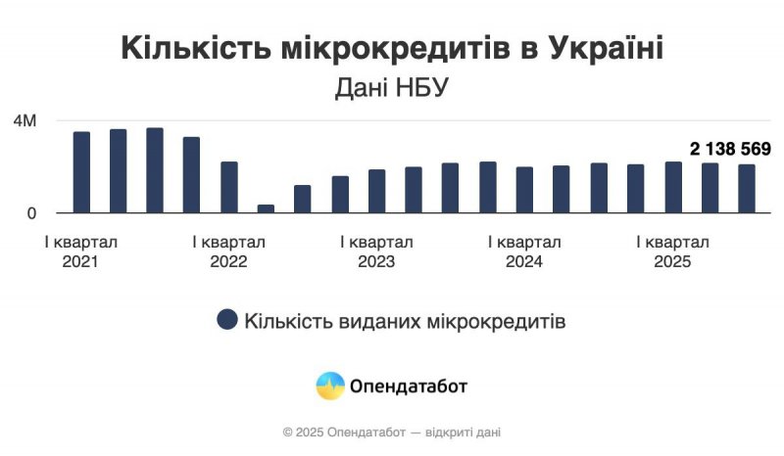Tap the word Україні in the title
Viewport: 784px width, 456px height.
pyautogui.click(x=605, y=48)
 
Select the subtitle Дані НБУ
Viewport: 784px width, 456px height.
pyautogui.click(x=392, y=88)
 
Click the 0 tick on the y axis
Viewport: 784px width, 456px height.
pyautogui.click(x=33, y=212)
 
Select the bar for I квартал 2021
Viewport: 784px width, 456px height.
pyautogui.click(x=81, y=172)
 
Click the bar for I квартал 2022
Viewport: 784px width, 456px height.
pyautogui.click(x=228, y=187)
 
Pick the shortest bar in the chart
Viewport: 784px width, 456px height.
pyautogui.click(x=266, y=208)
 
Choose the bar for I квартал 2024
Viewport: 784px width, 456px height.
pyautogui.click(x=524, y=190)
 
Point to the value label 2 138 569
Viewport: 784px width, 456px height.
pyautogui.click(x=730, y=149)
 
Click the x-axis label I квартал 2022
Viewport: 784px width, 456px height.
pyautogui.click(x=228, y=251)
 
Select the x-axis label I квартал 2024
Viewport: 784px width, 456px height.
pyautogui.click(x=524, y=251)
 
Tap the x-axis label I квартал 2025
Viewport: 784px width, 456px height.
pyautogui.click(x=672, y=251)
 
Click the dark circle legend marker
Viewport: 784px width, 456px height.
pyautogui.click(x=227, y=320)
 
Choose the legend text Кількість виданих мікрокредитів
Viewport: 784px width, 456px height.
pyautogui.click(x=405, y=321)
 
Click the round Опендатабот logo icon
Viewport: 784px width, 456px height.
pyautogui.click(x=329, y=386)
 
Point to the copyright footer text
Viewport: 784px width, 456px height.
pyautogui.click(x=392, y=432)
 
